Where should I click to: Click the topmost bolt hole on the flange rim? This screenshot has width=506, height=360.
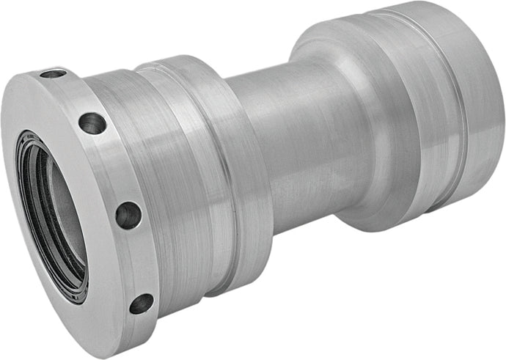(x=53, y=74)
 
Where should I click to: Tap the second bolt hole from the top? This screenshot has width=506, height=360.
(x=92, y=123)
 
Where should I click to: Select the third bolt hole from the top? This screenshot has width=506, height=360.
(x=128, y=215)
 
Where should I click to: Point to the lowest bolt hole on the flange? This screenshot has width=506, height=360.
(x=141, y=303)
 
